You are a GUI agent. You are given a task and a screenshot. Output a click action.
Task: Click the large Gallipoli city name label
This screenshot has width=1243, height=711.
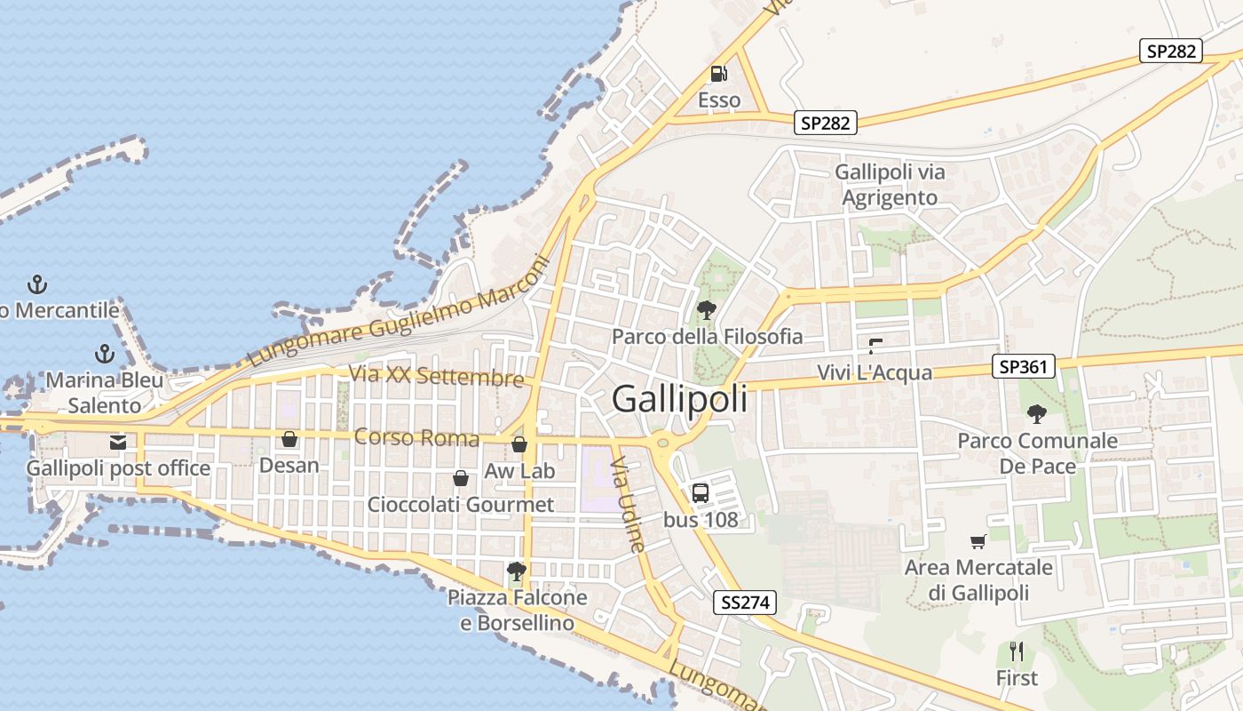tap(679, 399)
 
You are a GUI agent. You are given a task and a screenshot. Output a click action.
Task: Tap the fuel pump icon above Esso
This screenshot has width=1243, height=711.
tap(719, 74)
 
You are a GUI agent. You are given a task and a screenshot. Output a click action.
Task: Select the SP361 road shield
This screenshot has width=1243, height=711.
tap(1024, 365)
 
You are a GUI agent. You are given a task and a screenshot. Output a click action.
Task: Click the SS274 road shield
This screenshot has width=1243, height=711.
tap(745, 603)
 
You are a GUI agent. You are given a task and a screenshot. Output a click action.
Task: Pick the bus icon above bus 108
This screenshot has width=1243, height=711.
tap(701, 493)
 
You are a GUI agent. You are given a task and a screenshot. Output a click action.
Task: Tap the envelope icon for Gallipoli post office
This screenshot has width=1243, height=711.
tap(117, 442)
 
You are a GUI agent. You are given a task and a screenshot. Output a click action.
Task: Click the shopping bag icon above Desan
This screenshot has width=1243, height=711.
tap(289, 439)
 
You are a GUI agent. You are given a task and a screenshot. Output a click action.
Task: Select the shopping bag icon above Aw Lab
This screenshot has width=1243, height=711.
tap(519, 444)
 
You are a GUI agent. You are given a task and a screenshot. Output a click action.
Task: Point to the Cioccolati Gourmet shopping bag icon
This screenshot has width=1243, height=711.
tap(461, 478)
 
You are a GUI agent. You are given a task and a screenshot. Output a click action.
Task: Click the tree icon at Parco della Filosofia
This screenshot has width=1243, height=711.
tap(707, 310)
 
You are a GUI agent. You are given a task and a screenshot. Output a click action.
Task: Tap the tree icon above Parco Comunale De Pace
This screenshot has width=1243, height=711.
tap(1036, 413)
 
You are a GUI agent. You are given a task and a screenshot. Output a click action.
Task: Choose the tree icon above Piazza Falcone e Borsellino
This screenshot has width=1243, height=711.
tap(516, 571)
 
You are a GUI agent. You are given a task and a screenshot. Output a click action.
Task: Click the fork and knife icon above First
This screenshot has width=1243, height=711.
tap(1017, 651)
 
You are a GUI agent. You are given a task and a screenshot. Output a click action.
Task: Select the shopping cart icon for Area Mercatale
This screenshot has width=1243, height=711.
tap(978, 540)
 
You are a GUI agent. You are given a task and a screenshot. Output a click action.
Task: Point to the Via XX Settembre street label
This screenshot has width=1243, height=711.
tap(436, 376)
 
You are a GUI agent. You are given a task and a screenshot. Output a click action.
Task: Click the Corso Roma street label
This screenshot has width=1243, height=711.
tap(416, 437)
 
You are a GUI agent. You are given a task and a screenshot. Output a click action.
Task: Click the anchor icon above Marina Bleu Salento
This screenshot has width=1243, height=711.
tap(105, 354)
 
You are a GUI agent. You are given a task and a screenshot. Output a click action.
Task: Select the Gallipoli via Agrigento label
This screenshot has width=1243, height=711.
tap(890, 185)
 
